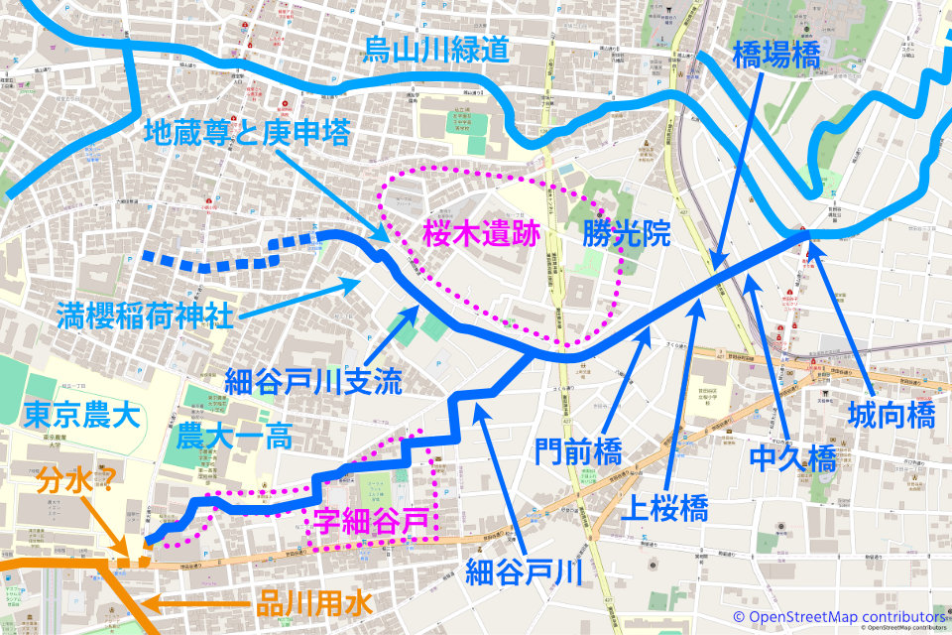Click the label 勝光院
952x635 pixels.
tap(627, 235)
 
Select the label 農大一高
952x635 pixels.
tap(235, 438)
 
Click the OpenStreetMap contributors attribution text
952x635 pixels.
tap(845, 616)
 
